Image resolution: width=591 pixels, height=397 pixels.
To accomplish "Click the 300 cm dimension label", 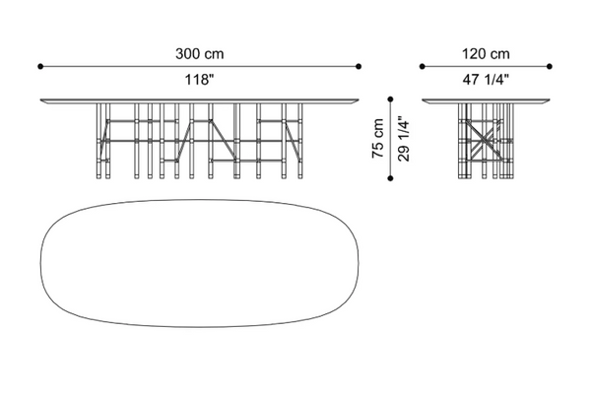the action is pyautogui.click(x=199, y=54).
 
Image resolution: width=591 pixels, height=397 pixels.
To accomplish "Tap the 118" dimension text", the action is pyautogui.click(x=199, y=80).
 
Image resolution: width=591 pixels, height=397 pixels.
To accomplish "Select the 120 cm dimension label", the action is pyautogui.click(x=486, y=54).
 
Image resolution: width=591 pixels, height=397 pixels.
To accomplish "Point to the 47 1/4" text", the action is pyautogui.click(x=486, y=80).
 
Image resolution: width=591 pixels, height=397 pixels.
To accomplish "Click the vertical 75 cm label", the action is pyautogui.click(x=377, y=138).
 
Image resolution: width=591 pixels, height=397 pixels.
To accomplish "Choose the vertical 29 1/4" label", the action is pyautogui.click(x=403, y=138).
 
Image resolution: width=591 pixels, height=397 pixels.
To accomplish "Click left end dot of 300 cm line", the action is pyautogui.click(x=40, y=66).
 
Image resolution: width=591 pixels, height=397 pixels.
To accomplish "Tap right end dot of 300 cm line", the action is pyautogui.click(x=359, y=66).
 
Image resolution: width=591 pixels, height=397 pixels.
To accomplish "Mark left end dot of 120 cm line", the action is pyautogui.click(x=423, y=66).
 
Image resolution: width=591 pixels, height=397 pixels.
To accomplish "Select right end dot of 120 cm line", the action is pyautogui.click(x=550, y=66).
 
